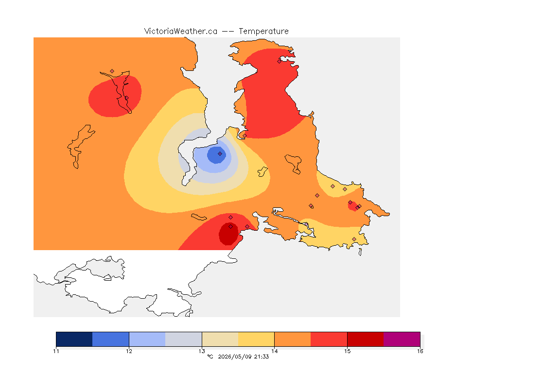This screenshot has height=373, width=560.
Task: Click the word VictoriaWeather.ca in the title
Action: (181, 31)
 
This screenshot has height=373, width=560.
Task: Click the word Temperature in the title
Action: (263, 31)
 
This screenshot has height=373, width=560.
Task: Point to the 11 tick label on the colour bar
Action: (56, 351)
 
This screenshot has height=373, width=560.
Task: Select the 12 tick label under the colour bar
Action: (129, 351)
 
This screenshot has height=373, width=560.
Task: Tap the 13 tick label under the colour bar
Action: (202, 351)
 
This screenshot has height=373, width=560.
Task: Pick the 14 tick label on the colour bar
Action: (274, 351)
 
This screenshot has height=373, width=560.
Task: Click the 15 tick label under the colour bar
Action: (347, 351)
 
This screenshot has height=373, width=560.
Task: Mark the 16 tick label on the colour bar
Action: (420, 351)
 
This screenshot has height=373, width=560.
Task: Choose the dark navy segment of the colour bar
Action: (74, 339)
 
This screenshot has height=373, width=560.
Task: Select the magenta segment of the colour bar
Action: (402, 339)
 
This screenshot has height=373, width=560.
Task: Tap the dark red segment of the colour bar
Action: (366, 339)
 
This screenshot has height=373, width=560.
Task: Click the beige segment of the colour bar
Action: (220, 339)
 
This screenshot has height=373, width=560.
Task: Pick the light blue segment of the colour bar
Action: (147, 339)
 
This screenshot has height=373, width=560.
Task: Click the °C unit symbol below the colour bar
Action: (210, 356)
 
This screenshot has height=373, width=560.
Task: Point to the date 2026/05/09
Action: (235, 356)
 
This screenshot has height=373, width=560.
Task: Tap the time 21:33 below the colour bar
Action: (262, 356)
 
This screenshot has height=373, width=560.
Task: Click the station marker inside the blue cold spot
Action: (220, 154)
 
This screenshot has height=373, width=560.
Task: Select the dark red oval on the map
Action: (228, 234)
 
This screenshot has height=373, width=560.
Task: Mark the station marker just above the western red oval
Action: (112, 71)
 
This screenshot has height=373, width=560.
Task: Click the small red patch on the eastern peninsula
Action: (353, 206)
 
